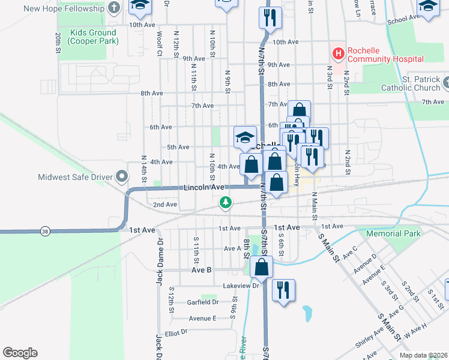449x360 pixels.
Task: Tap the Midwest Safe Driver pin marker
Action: coord(122,177)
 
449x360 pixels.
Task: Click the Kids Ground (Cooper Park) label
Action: coord(93,37)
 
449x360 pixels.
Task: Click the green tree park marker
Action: coord(226,203)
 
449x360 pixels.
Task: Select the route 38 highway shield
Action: coord(44,231)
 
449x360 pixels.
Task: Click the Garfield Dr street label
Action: coord(202,302)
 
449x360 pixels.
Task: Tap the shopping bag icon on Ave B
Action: coord(262,267)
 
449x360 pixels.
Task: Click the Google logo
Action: coord(20,353)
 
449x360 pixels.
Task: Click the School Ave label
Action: coord(402,20)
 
